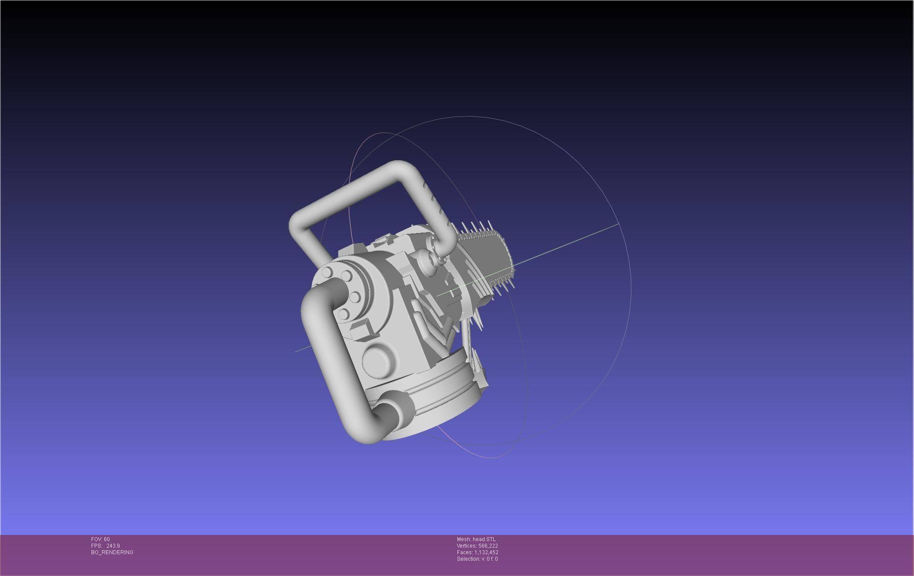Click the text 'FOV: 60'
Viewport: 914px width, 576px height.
[x=100, y=539]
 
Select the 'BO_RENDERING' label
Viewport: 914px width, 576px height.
[x=112, y=552]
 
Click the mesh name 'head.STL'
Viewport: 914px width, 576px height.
[x=484, y=539]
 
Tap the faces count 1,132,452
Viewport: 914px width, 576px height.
[x=486, y=552]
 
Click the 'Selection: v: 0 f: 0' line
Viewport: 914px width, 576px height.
[x=477, y=559]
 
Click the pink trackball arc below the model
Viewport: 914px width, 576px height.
[x=488, y=457]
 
